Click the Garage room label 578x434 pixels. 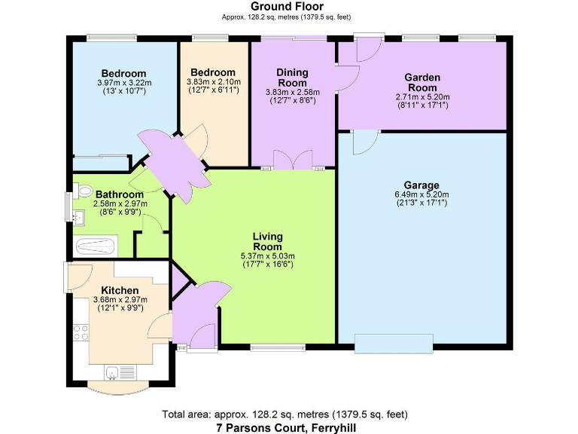(x=421, y=185)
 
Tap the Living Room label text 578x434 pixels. (x=267, y=241)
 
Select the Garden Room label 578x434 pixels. (x=422, y=82)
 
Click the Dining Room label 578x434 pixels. (x=292, y=78)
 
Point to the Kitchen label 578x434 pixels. (x=120, y=290)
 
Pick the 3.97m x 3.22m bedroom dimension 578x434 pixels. (x=124, y=83)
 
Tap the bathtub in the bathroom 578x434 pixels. (x=95, y=246)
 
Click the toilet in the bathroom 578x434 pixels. (x=83, y=191)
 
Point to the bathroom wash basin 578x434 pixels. (x=78, y=218)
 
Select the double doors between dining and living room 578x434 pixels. (x=293, y=161)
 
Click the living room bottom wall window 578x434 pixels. (x=267, y=347)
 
